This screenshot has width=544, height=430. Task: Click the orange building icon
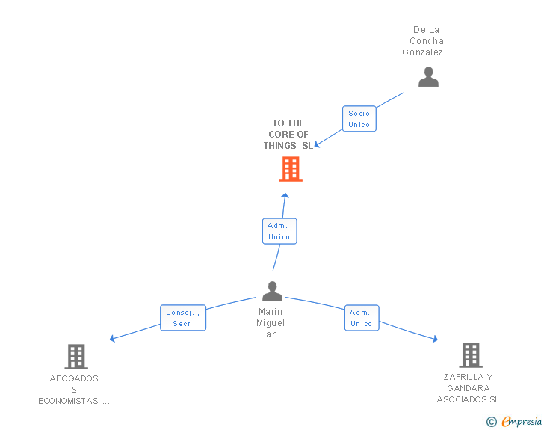pyautogui.click(x=291, y=169)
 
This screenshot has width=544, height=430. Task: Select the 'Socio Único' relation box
pyautogui.click(x=359, y=119)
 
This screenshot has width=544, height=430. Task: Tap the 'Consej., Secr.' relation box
pyautogui.click(x=183, y=318)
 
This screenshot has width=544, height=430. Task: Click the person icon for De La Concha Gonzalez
pyautogui.click(x=428, y=77)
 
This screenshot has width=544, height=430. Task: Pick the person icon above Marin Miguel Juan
pyautogui.click(x=272, y=291)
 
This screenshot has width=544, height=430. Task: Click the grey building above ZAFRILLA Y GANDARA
pyautogui.click(x=470, y=355)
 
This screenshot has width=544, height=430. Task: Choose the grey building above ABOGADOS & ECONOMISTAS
pyautogui.click(x=75, y=357)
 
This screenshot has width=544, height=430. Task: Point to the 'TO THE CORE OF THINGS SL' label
pyautogui.click(x=288, y=135)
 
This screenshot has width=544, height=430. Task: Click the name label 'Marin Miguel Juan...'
pyautogui.click(x=271, y=323)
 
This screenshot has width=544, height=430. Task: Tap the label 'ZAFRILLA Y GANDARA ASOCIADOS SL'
pyautogui.click(x=469, y=388)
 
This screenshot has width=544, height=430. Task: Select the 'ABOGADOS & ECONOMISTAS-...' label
pyautogui.click(x=74, y=390)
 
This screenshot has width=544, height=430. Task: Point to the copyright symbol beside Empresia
pyautogui.click(x=492, y=422)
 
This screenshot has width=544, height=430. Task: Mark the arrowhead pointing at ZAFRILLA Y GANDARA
pyautogui.click(x=435, y=340)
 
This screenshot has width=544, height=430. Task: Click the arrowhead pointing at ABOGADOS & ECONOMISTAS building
pyautogui.click(x=113, y=339)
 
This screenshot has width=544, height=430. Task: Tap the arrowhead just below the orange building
pyautogui.click(x=285, y=195)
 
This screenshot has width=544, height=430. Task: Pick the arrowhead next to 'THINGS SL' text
pyautogui.click(x=317, y=144)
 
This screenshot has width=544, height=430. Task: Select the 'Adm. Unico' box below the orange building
pyautogui.click(x=279, y=231)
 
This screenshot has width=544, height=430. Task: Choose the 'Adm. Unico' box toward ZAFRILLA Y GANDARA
pyautogui.click(x=362, y=318)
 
